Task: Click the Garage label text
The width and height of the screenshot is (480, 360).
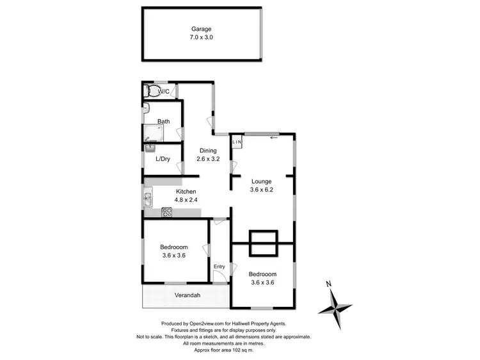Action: (200, 29)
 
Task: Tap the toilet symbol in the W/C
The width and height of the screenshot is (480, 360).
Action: (151, 91)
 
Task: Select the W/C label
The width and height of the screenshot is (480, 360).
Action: (164, 92)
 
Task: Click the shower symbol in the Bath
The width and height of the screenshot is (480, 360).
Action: (153, 133)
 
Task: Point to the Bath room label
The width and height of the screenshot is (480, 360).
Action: (164, 121)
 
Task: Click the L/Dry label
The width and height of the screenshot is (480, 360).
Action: (163, 159)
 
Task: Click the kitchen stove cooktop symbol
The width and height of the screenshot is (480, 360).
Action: (168, 211)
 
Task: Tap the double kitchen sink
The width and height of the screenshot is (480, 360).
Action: (147, 199)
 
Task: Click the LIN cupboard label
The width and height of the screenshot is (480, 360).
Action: (236, 142)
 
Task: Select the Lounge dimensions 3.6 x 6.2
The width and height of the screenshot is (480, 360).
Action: (262, 189)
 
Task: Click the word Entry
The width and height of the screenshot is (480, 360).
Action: (220, 266)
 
